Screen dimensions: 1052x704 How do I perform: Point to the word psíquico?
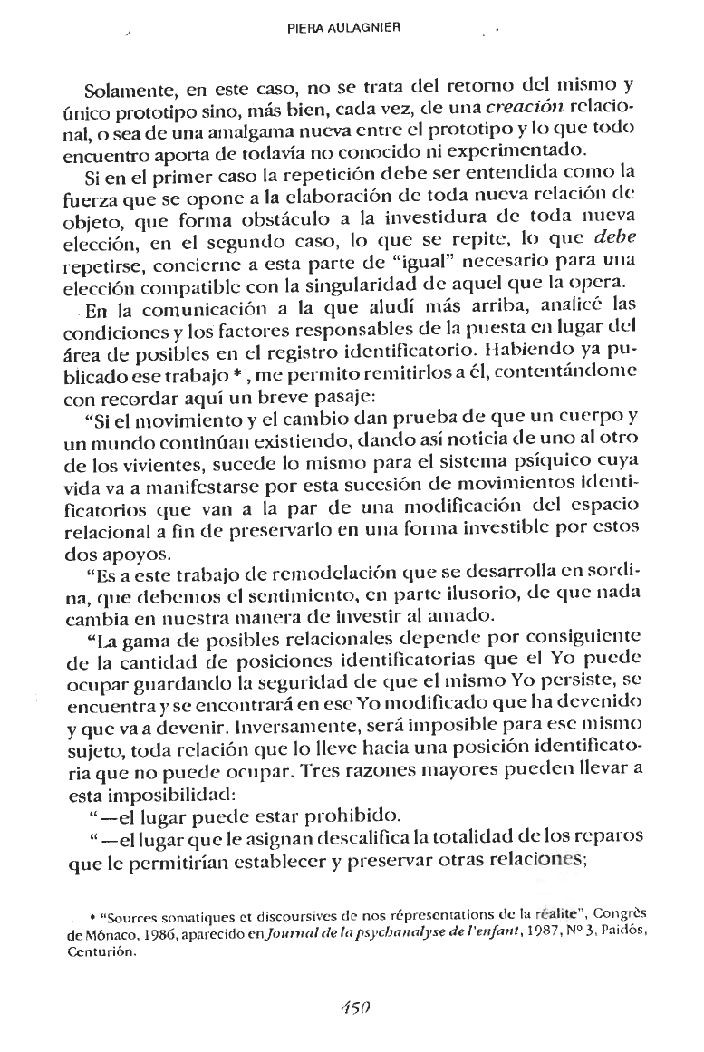point(544,461)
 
